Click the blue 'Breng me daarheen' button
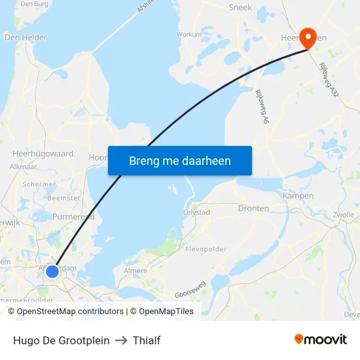180,160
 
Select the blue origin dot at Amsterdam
52,270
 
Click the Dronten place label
253,208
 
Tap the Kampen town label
298,196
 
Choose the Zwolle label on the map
343,215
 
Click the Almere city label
135,270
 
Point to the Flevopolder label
206,249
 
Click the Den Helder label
26,38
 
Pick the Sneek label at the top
240,8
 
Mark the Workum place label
189,34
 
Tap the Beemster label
64,198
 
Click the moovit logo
321,339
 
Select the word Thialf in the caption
147,340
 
